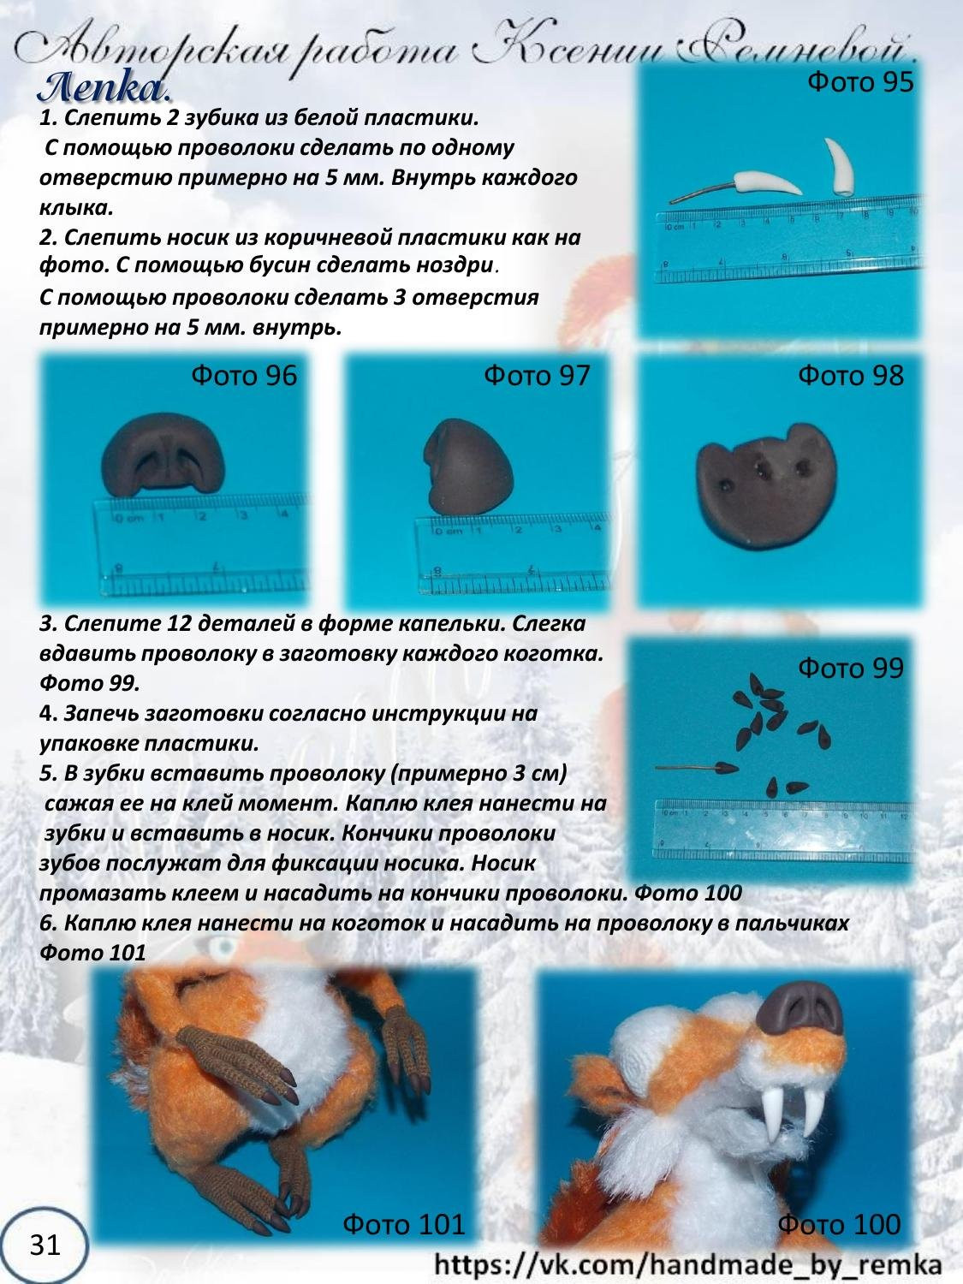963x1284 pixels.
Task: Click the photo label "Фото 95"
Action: [860, 82]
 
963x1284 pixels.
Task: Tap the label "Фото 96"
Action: [244, 375]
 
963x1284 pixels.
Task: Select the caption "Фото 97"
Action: [537, 375]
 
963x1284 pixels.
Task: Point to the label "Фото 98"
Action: [850, 375]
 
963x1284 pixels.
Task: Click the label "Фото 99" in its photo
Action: [850, 668]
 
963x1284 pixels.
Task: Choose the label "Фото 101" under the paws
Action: [403, 1224]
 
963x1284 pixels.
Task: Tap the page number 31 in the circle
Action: [45, 1244]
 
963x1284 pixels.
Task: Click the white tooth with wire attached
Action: [765, 181]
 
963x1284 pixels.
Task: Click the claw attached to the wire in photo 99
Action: [725, 768]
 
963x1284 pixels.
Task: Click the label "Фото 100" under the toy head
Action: [839, 1224]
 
